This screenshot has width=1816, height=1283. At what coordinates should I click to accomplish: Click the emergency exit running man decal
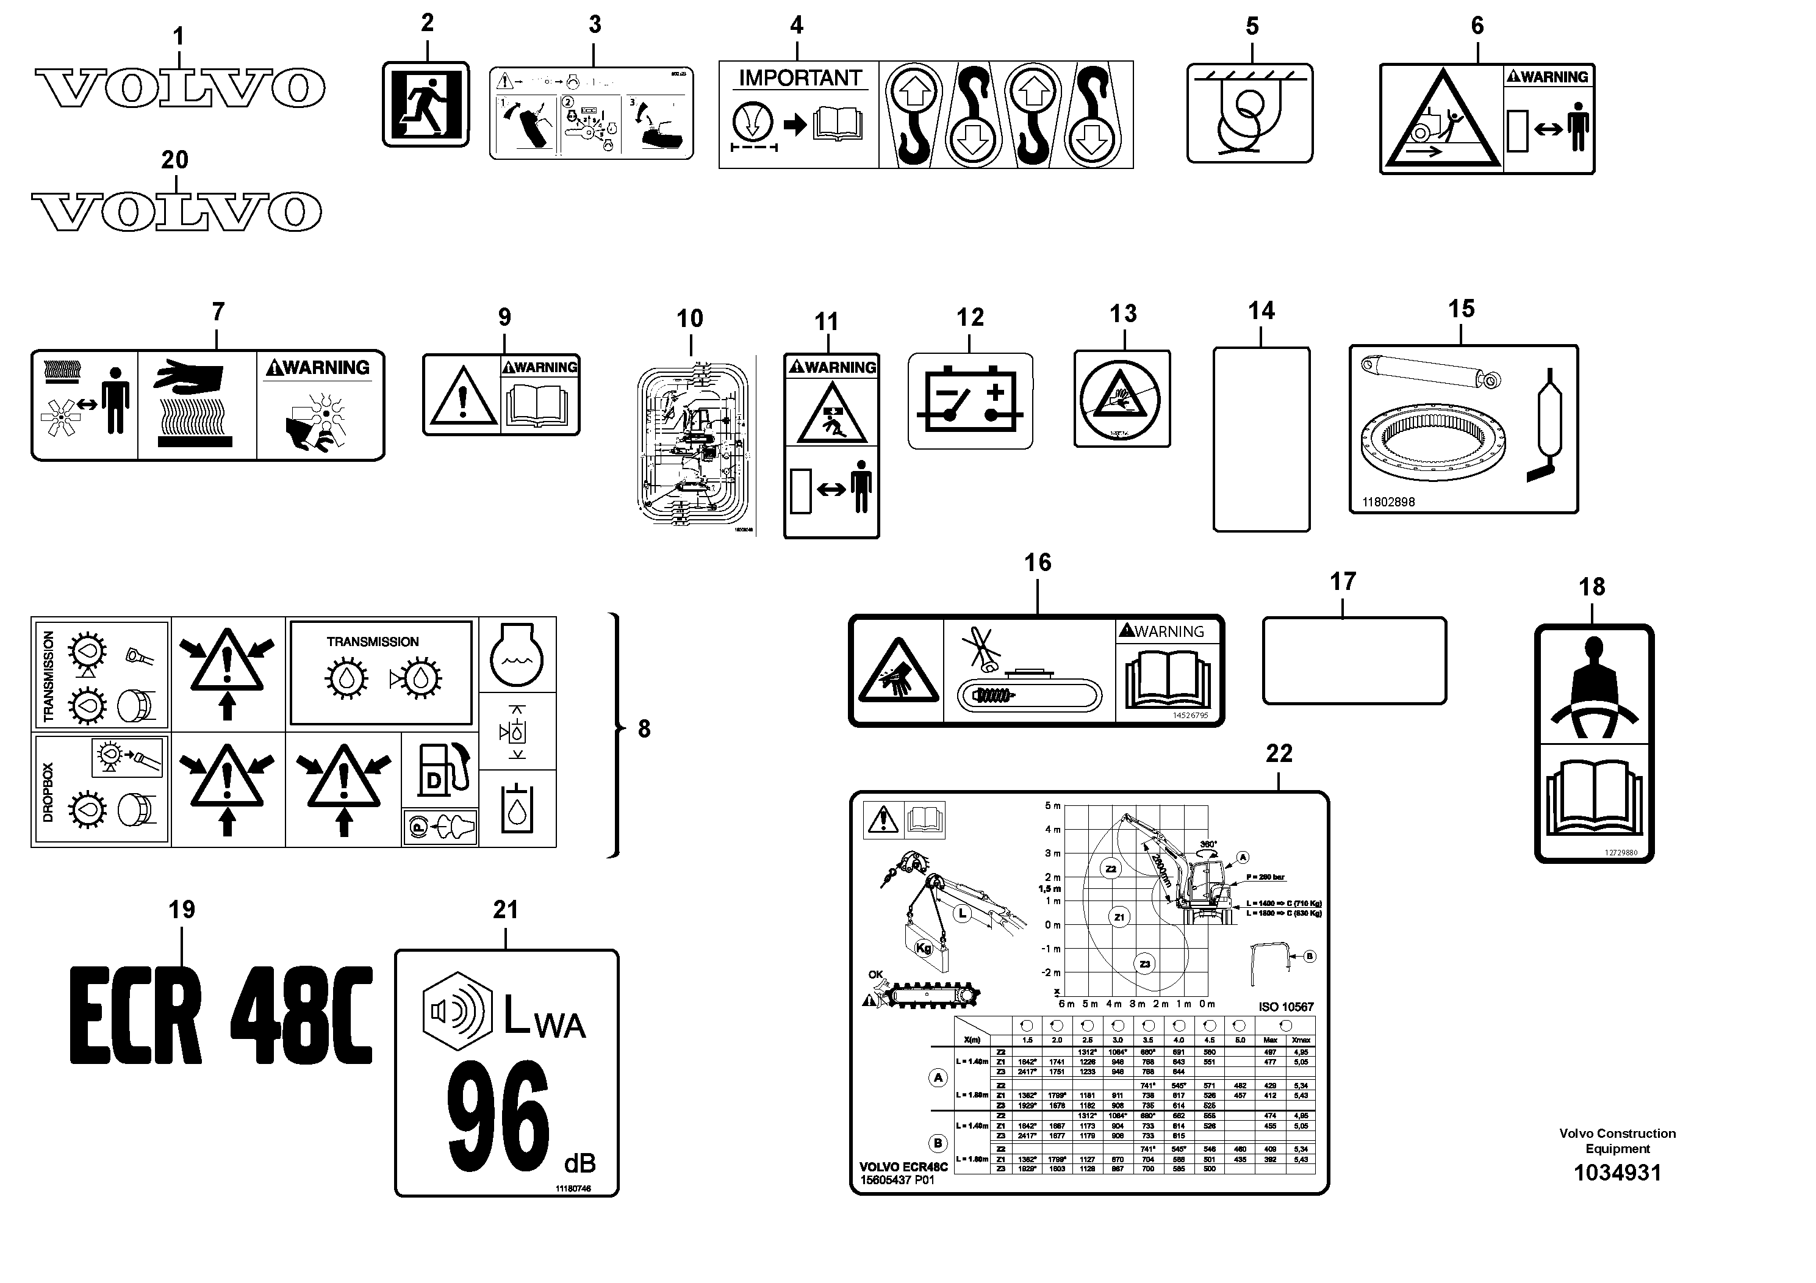[x=426, y=104]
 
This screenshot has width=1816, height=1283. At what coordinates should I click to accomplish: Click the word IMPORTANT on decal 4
[x=799, y=78]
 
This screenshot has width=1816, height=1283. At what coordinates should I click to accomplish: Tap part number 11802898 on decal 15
[x=1388, y=501]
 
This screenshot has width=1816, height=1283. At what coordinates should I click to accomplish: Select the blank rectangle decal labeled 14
[x=1261, y=439]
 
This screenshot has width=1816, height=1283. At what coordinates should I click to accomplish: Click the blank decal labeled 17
[x=1354, y=661]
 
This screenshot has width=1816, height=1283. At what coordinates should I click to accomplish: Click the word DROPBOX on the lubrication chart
[x=48, y=792]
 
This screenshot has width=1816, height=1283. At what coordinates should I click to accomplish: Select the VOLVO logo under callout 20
[x=176, y=211]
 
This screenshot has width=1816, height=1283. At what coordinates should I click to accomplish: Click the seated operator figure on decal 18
[x=1594, y=686]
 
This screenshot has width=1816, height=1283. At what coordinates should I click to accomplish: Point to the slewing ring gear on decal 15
[x=1432, y=449]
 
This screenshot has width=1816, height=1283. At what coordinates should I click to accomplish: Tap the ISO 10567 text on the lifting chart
[x=1285, y=1007]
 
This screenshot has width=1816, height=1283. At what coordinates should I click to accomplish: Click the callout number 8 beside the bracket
[x=644, y=728]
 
